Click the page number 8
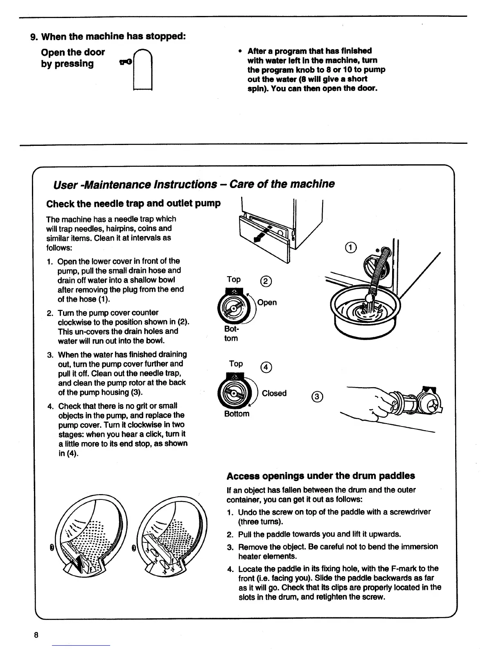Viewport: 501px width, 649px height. [36, 635]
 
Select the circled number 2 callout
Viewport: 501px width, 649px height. [266, 281]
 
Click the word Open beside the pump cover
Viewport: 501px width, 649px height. [267, 302]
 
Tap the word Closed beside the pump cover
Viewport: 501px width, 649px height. [274, 393]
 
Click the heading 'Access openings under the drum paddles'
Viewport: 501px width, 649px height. [320, 476]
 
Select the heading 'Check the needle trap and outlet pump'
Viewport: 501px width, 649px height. [133, 203]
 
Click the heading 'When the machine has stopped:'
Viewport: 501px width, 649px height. [114, 36]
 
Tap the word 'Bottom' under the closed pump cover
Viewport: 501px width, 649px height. [237, 414]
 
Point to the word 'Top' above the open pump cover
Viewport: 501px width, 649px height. [234, 279]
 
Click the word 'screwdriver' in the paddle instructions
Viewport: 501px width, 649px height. [411, 512]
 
